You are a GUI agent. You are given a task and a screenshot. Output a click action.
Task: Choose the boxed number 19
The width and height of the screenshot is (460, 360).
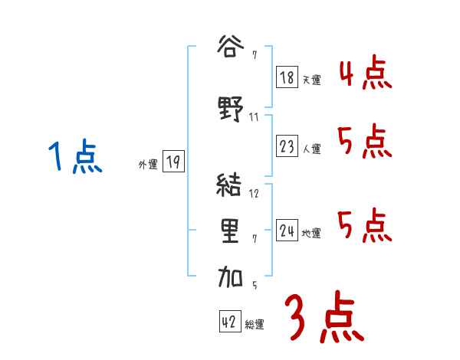(x=173, y=162)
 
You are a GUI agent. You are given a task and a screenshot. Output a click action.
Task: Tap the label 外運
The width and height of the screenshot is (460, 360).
(x=148, y=164)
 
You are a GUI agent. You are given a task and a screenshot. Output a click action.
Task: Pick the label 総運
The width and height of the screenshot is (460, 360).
(x=255, y=325)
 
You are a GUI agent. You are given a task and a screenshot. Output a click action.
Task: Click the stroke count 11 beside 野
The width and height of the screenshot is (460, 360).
(x=255, y=117)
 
